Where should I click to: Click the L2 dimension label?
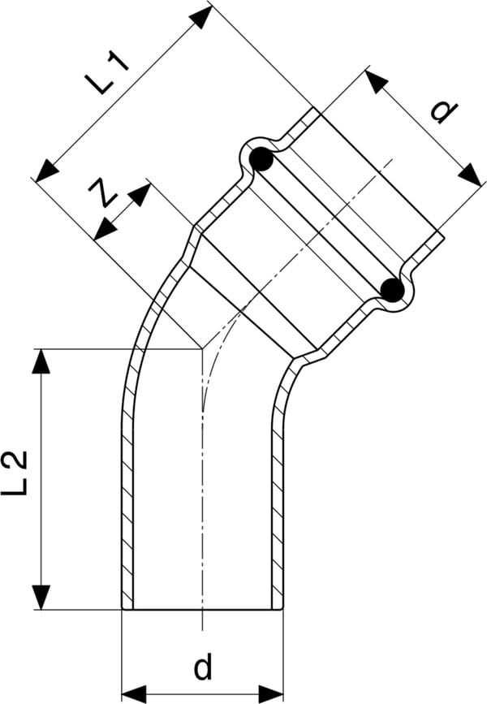pyautogui.click(x=15, y=473)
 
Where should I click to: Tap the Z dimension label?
pyautogui.click(x=103, y=193)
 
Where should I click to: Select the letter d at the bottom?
pyautogui.click(x=203, y=667)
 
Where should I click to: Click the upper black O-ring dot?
pyautogui.click(x=261, y=159)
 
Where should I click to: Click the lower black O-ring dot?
pyautogui.click(x=392, y=290)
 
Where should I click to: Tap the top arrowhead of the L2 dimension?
pyautogui.click(x=41, y=361)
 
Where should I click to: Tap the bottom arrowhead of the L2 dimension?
pyautogui.click(x=41, y=597)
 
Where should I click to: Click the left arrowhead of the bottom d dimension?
pyautogui.click(x=135, y=693)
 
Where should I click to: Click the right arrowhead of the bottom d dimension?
pyautogui.click(x=270, y=693)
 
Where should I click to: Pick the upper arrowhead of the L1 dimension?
pyautogui.click(x=200, y=18)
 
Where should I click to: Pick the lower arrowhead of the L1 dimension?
pyautogui.click(x=47, y=171)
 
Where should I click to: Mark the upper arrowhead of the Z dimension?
pyautogui.click(x=138, y=195)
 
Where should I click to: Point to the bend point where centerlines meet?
pyautogui.click(x=202, y=348)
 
